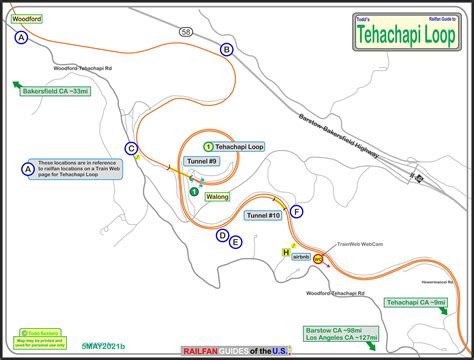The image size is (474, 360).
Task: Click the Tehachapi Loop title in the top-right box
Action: tap(411, 31)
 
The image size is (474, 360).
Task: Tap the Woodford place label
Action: tap(25, 18)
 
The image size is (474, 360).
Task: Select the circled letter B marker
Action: tap(227, 49)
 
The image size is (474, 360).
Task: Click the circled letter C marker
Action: tap(131, 148)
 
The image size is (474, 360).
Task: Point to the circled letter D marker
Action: tap(222, 235)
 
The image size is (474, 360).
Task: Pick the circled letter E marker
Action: tap(236, 241)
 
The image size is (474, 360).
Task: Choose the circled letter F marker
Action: tap(297, 211)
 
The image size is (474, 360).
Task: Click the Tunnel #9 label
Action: tap(201, 161)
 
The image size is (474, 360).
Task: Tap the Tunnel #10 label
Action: tap(263, 214)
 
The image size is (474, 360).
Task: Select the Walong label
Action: tap(217, 197)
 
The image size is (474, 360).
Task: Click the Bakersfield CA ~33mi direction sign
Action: tap(56, 91)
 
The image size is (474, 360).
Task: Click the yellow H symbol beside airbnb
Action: tap(286, 253)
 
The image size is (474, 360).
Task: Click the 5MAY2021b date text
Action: tap(104, 346)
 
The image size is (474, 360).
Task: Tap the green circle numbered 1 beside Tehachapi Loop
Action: tap(209, 146)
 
